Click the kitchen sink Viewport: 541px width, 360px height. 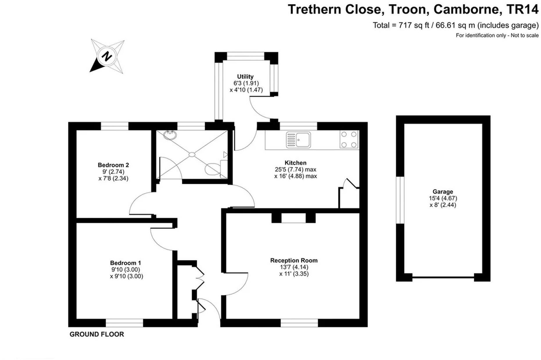298,140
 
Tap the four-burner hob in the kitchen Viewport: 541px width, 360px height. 349,139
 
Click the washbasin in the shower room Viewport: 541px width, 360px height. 170,135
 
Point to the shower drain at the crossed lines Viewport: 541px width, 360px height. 192,154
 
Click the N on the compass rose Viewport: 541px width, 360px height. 107,56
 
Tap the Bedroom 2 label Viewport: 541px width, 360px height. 113,165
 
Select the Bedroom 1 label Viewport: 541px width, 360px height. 126,263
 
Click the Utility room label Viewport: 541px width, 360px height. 245,77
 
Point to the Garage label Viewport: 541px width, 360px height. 443,192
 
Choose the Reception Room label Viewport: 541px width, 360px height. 294,260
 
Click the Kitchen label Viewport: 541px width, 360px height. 295,163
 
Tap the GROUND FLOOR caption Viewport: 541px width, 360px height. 97,334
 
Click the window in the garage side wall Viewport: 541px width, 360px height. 400,200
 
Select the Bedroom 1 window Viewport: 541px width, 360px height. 124,323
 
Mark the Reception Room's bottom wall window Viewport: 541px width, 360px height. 299,323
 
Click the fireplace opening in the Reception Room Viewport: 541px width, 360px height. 293,218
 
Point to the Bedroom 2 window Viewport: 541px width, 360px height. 114,126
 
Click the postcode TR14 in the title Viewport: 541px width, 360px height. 522,9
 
